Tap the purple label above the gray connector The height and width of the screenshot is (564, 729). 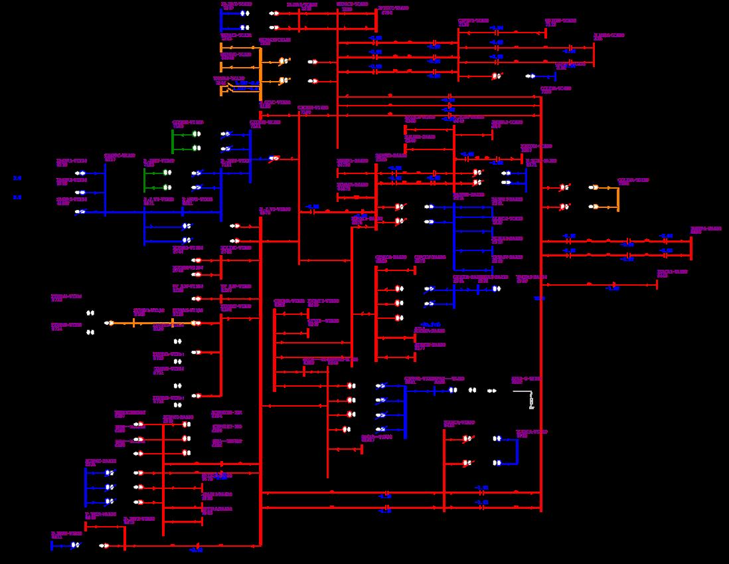tap(525, 379)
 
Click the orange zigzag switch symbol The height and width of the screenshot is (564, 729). tap(230, 86)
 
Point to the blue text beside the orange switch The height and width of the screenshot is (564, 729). tap(246, 86)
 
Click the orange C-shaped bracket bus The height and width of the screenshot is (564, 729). tap(618, 198)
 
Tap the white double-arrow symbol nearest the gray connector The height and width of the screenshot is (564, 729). tap(492, 391)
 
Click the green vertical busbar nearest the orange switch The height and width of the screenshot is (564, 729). tap(173, 141)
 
